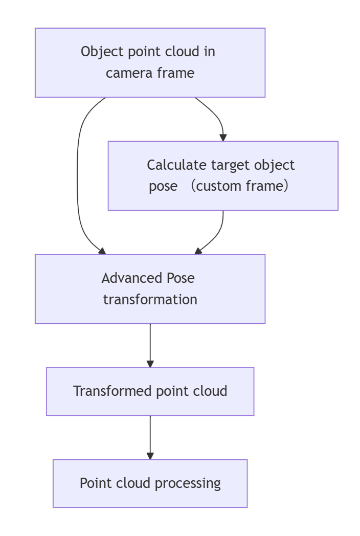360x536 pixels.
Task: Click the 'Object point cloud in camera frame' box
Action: (150, 62)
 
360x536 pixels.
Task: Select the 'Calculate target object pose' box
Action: (222, 175)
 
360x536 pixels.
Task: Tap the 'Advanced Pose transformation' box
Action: (150, 289)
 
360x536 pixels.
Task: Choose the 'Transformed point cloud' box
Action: (150, 391)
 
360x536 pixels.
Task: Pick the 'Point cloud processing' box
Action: (150, 483)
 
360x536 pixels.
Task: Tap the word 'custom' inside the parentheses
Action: (219, 186)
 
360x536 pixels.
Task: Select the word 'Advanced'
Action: (132, 278)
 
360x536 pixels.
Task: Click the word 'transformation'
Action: (150, 299)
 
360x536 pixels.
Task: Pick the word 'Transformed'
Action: (112, 391)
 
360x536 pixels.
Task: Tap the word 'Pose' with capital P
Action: (181, 278)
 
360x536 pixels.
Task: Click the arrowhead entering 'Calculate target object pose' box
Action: (223, 137)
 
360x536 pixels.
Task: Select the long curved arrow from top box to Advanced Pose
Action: (78, 174)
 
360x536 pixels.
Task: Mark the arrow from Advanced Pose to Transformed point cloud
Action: (150, 345)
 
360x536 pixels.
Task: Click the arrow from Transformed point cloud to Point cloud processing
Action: (150, 437)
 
